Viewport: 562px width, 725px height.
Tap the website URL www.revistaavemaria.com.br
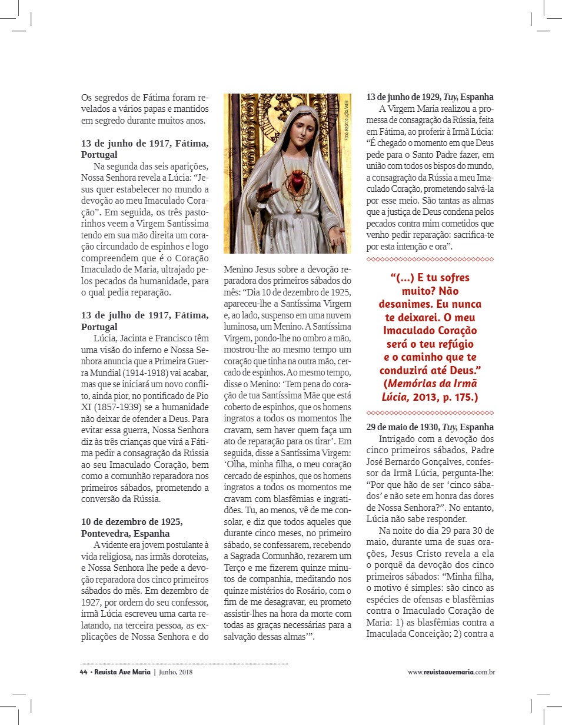[x=451, y=671]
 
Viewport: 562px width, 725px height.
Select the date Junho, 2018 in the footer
[x=175, y=671]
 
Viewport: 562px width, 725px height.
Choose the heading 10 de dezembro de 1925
[x=132, y=522]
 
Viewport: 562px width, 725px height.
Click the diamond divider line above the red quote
[x=430, y=259]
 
